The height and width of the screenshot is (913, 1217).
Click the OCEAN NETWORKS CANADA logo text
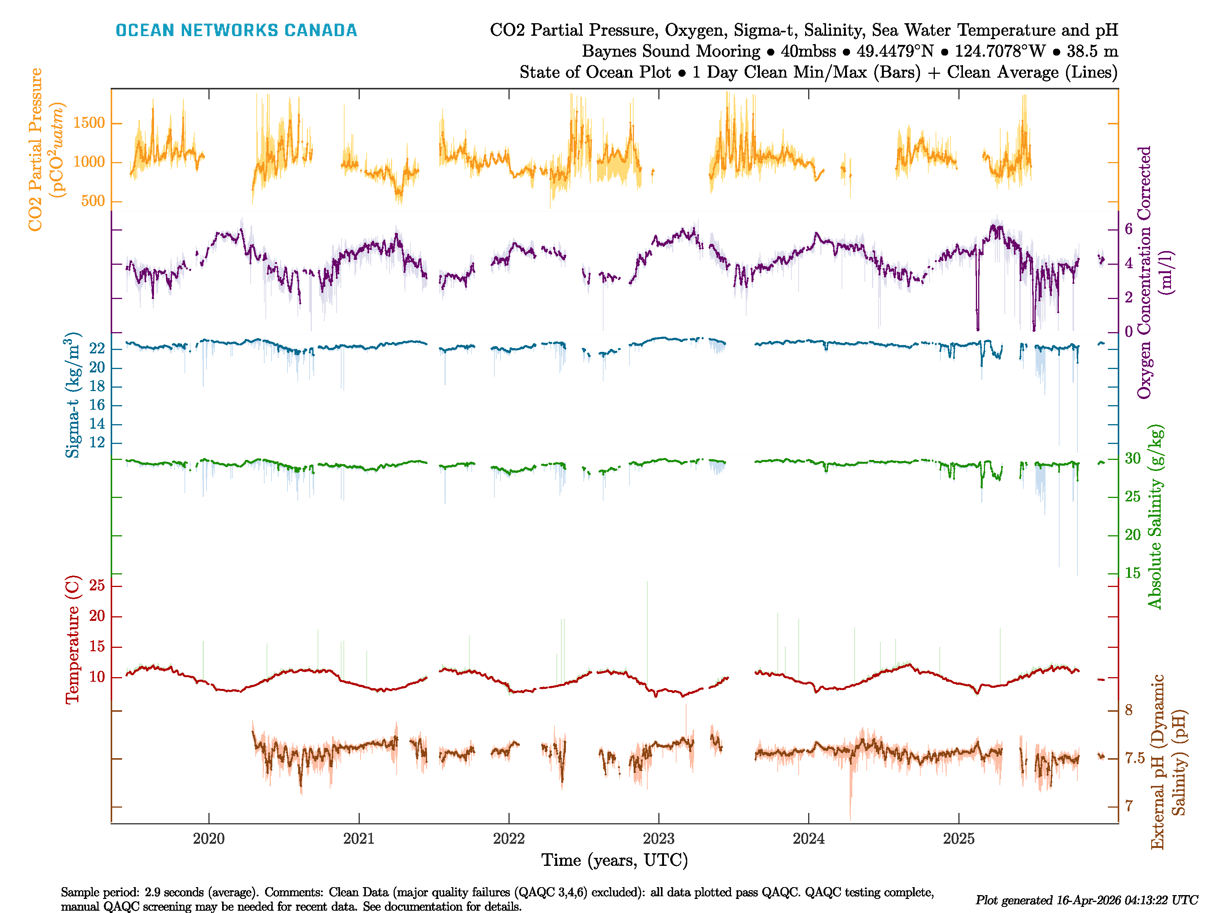236,30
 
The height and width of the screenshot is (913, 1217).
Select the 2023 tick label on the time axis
659,839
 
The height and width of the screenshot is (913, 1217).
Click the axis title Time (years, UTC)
615,860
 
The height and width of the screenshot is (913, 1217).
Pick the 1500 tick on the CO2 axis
89,123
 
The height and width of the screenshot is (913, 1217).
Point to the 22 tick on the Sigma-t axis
97,349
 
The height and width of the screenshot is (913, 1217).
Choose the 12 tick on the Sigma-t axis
97,442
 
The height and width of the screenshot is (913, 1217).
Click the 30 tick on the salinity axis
1132,458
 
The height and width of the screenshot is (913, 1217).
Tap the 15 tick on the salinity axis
1132,573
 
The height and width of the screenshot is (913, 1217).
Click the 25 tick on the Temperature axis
97,585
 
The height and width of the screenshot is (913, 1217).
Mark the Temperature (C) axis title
72,640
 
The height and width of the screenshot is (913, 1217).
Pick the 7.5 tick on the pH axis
1134,758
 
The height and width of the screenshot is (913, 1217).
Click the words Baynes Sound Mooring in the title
670,51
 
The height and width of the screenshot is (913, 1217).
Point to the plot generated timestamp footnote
1086,900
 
